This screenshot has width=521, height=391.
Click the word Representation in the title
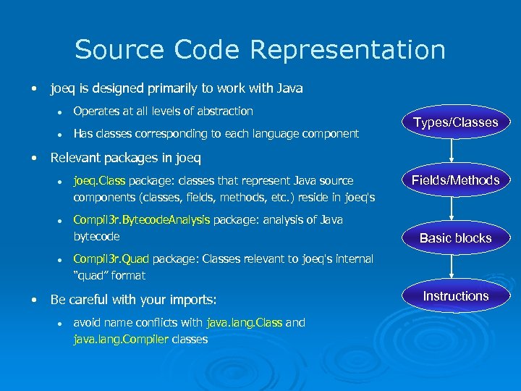tap(348, 51)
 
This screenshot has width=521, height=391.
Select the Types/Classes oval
tap(455, 122)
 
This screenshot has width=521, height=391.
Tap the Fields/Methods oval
tap(455, 180)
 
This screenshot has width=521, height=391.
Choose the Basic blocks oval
tap(455, 238)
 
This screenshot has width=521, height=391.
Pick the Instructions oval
tap(455, 296)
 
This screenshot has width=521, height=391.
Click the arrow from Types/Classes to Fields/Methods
tap(452, 151)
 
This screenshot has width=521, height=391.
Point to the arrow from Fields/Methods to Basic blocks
tap(452, 209)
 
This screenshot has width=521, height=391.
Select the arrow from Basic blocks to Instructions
tap(452, 266)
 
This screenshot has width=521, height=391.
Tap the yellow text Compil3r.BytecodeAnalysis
tap(142, 220)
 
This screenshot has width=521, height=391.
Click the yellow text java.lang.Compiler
tap(120, 339)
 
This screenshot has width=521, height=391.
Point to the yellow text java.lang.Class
tap(244, 323)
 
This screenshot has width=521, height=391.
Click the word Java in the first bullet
tap(289, 89)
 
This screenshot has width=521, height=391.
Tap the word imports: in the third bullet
tap(193, 300)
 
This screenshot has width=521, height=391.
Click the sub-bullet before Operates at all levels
tap(63, 112)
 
